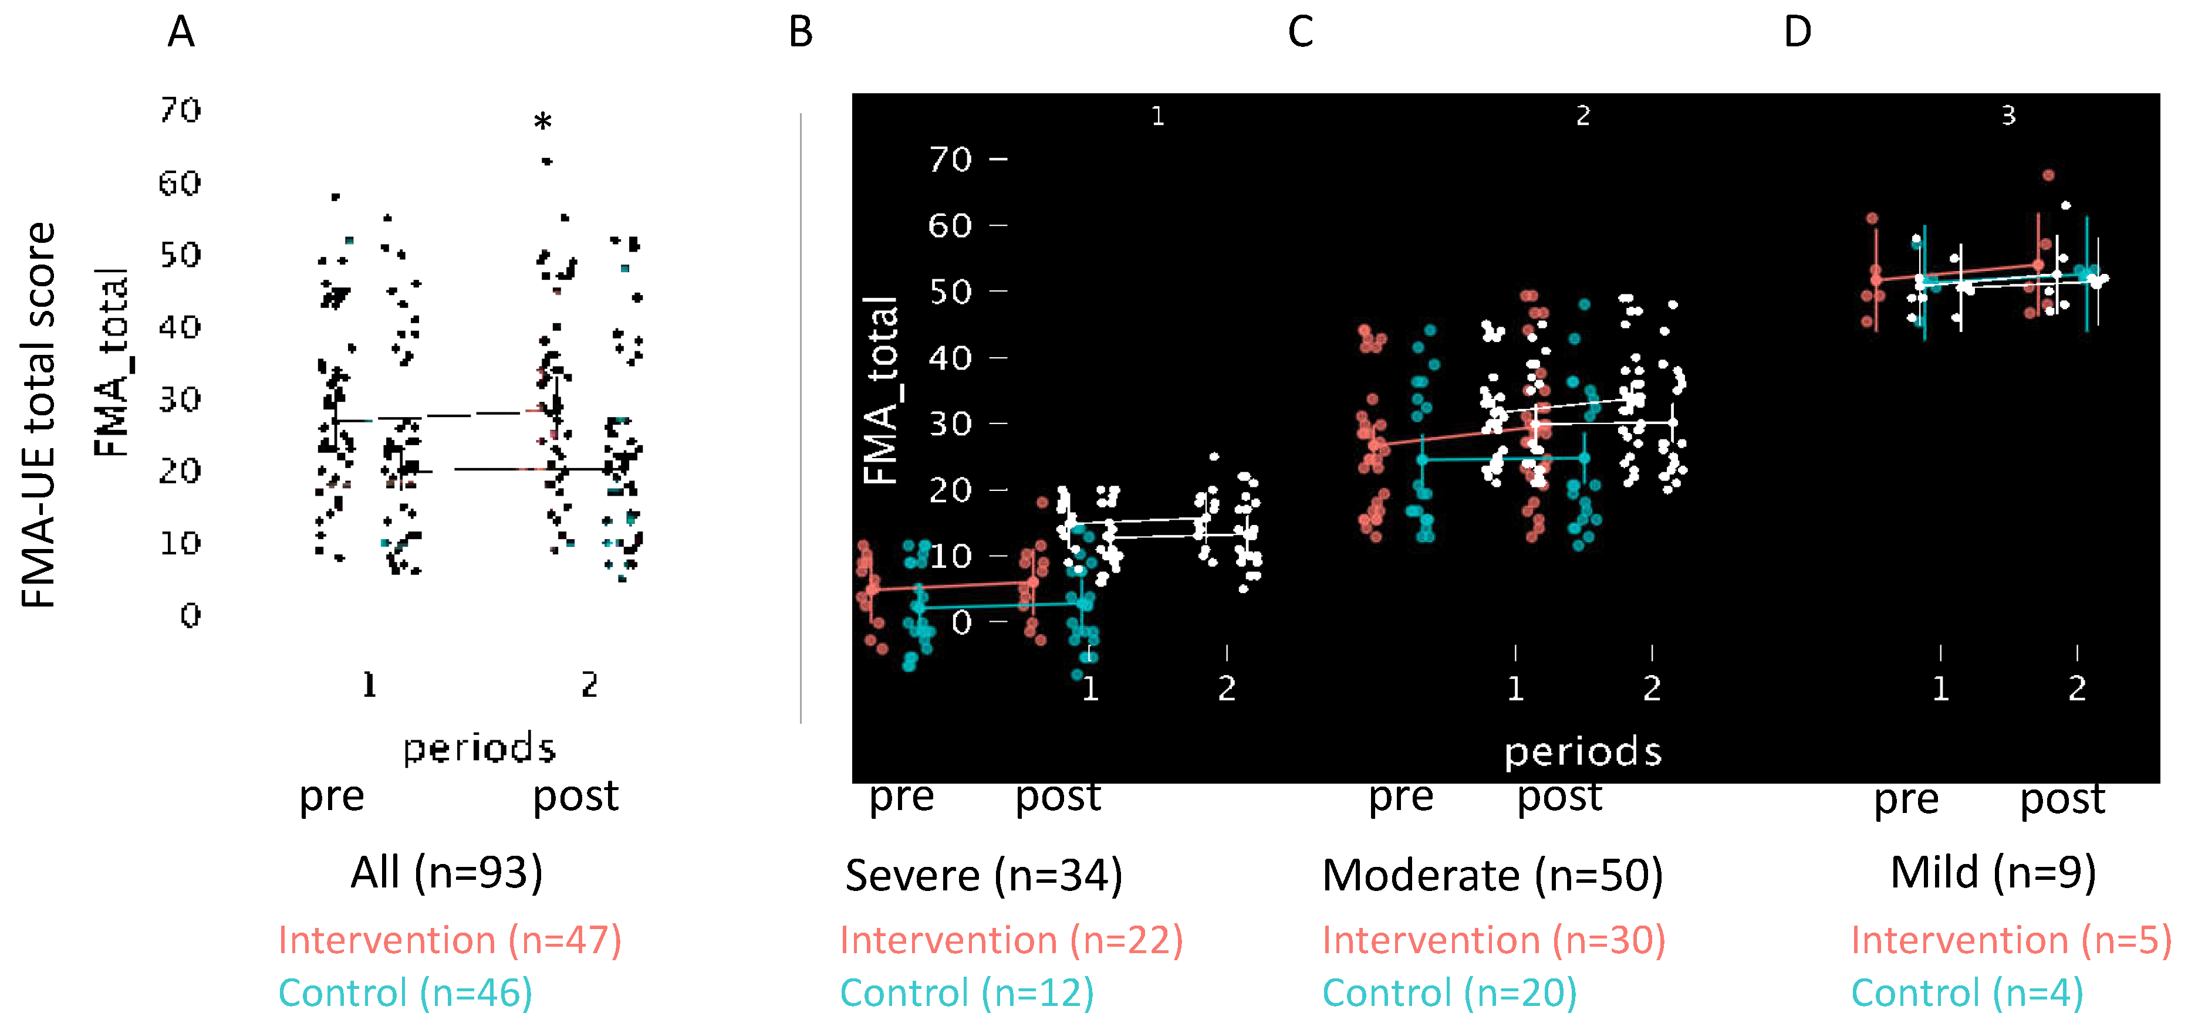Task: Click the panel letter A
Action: coord(181,33)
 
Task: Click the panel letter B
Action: coord(800,33)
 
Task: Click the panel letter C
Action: coord(1301,33)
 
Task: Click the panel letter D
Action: coord(1797,33)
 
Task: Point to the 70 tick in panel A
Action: coord(180,110)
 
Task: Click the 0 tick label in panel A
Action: coord(190,615)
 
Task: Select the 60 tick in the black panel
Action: coord(950,226)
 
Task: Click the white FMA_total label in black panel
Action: coord(881,391)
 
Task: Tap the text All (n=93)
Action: coord(447,873)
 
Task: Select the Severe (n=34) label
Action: coord(984,876)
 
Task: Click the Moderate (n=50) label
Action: coord(1493,876)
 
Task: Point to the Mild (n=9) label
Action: coord(1993,873)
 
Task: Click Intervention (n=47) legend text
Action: coord(450,941)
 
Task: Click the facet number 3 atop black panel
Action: coord(2008,116)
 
